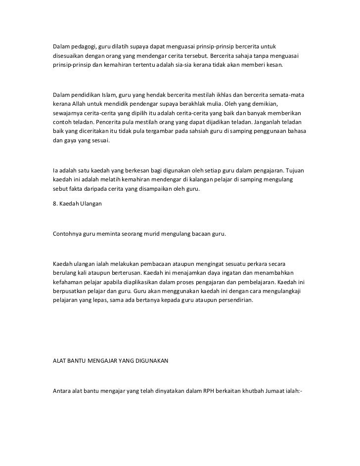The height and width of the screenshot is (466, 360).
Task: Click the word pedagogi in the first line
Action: point(83,46)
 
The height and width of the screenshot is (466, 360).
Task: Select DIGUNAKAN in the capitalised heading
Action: point(150,361)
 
